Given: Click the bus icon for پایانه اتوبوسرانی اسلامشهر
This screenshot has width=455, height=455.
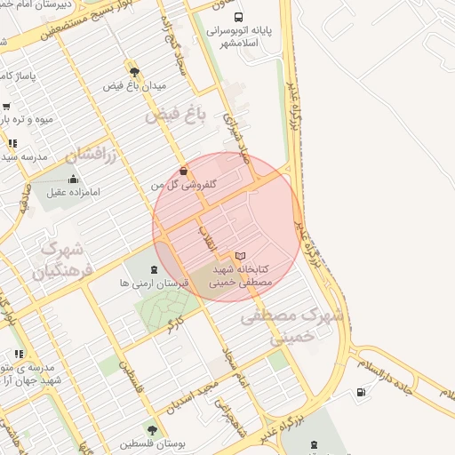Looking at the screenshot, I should point(237,17).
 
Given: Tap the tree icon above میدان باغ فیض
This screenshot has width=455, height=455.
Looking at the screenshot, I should point(134,72).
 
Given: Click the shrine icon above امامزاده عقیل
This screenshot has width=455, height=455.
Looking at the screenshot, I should point(73,179).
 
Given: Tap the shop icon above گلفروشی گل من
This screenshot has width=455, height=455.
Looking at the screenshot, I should point(183,171).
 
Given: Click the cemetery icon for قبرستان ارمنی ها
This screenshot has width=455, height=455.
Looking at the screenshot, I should point(155,270).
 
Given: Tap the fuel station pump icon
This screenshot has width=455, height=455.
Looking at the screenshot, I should point(360,393).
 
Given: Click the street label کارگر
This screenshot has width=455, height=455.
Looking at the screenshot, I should point(176,322).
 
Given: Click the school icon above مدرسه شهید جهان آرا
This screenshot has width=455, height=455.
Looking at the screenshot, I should point(19,354).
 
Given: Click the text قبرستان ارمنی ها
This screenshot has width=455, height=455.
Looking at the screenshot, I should point(162,284).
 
